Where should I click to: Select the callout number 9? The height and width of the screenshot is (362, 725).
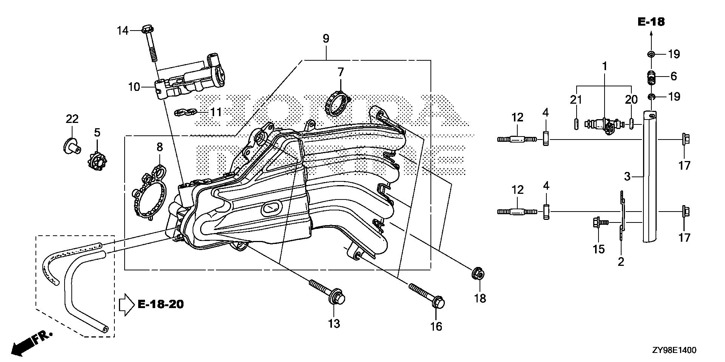click(326, 38)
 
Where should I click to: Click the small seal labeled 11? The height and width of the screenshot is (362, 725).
click(186, 112)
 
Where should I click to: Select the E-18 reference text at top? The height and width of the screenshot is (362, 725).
click(651, 22)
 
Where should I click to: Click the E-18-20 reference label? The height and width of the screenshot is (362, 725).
click(160, 304)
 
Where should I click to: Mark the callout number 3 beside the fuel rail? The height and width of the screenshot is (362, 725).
click(627, 176)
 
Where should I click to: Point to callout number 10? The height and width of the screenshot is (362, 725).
click(134, 87)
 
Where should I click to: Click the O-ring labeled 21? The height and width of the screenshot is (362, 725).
click(576, 124)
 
